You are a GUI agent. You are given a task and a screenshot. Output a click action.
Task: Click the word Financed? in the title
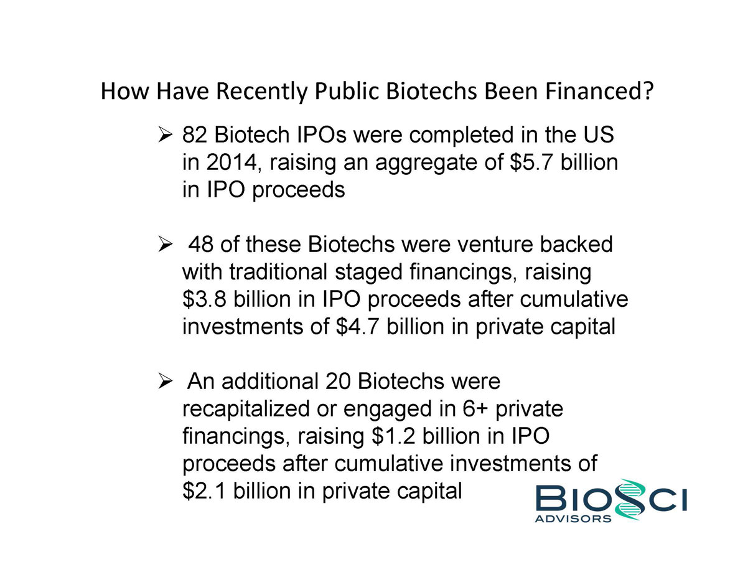(599, 91)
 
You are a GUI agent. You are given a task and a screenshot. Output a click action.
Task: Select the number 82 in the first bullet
(194, 134)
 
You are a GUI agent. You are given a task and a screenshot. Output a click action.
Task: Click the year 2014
(232, 162)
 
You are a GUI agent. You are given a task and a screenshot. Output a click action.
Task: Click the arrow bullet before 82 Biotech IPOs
(165, 134)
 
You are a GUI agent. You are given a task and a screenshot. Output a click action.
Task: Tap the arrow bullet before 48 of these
(165, 245)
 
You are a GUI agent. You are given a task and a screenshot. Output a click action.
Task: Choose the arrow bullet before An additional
(165, 382)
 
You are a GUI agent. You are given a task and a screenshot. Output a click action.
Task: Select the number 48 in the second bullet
(200, 245)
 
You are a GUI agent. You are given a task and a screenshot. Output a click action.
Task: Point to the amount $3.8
(205, 299)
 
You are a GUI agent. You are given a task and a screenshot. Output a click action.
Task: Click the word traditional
(278, 271)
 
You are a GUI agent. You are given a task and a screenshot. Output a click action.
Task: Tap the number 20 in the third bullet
(337, 382)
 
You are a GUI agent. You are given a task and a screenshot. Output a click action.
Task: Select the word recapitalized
(246, 409)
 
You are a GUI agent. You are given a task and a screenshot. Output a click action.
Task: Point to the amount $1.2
(393, 436)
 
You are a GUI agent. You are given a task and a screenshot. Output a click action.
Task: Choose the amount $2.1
(205, 491)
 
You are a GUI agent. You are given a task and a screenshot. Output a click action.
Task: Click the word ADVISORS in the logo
(573, 519)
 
